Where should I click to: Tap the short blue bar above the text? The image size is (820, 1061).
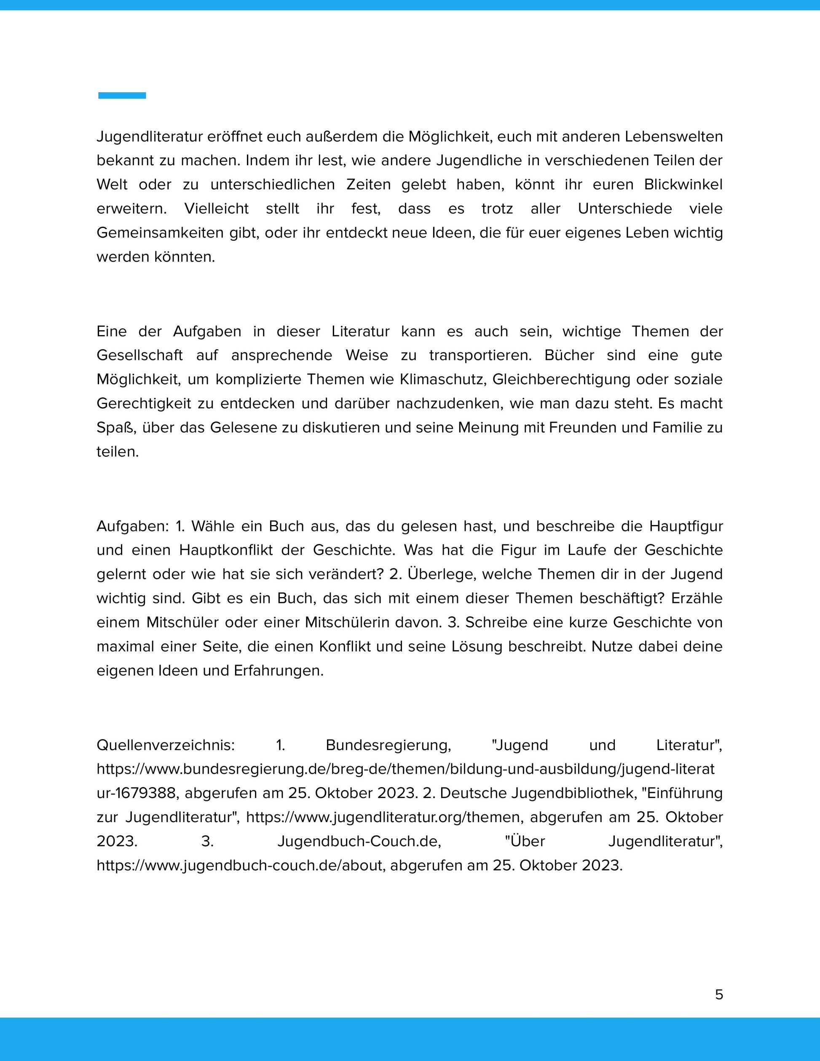tap(122, 96)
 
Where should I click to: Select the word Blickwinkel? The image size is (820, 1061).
tap(683, 185)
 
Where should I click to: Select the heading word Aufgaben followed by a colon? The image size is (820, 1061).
tap(132, 526)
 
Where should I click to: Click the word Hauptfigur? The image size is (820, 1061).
tap(686, 526)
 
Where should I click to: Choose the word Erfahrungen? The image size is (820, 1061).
tap(279, 671)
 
